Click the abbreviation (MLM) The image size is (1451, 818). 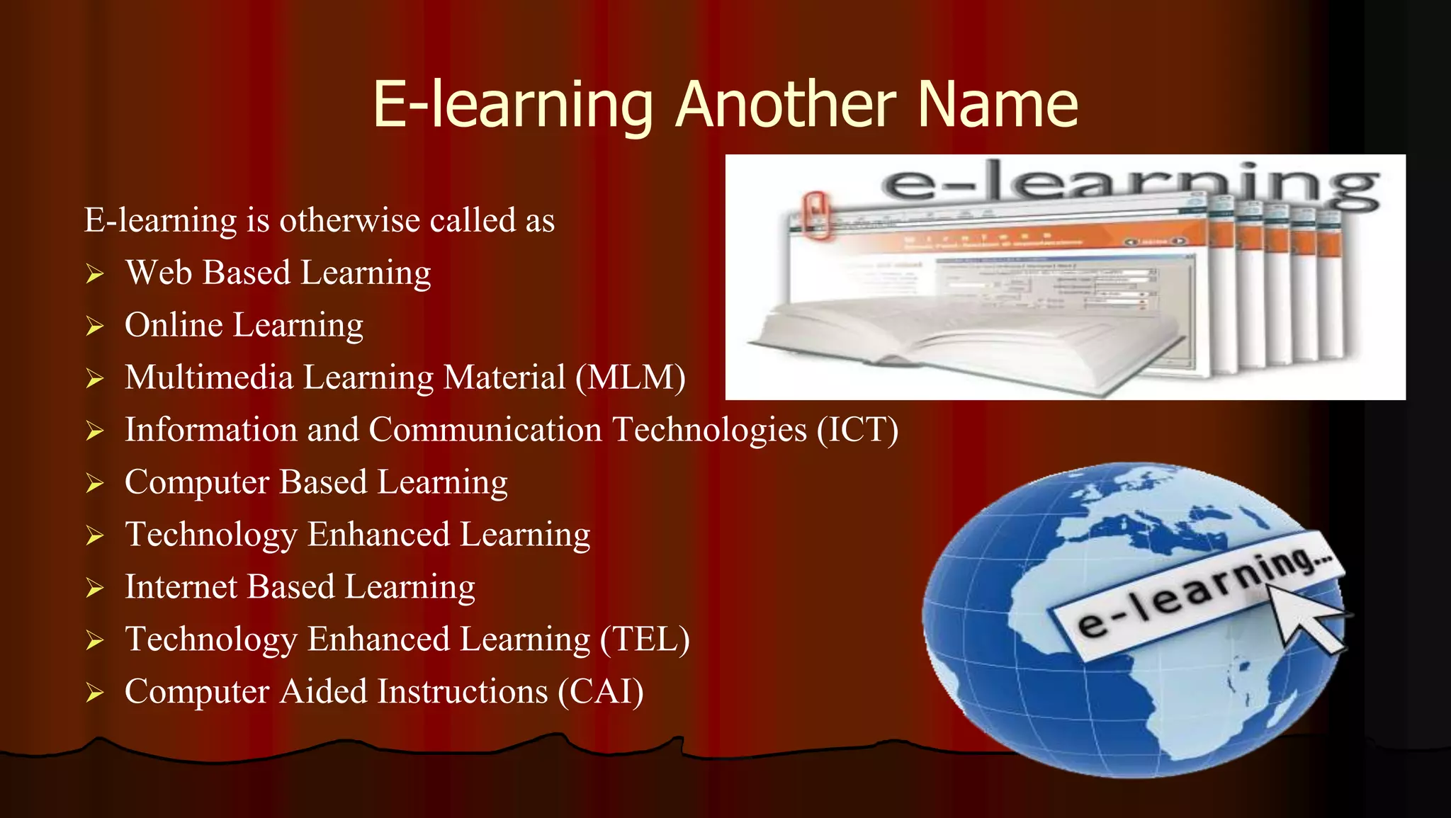point(630,377)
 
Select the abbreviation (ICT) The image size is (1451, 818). point(857,430)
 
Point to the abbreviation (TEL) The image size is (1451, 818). point(645,640)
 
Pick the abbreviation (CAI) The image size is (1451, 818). point(601,692)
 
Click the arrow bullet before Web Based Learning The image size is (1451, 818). point(95,274)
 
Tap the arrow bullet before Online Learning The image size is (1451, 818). point(95,326)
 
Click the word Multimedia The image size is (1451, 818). point(209,377)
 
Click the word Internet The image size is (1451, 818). point(181,587)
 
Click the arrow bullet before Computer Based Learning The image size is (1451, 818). point(95,484)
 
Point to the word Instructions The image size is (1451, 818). point(463,692)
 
